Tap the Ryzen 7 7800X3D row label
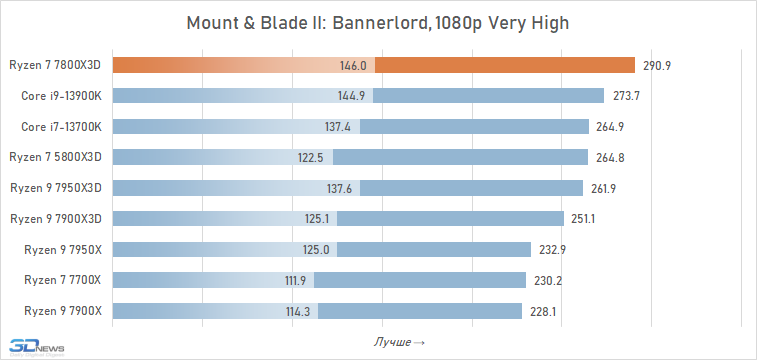[55, 65]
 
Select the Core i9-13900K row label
[61, 96]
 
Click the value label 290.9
[657, 66]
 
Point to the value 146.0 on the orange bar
[353, 66]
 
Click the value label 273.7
[626, 96]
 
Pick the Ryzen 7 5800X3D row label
[56, 157]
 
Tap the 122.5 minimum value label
[310, 157]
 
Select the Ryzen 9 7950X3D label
[56, 188]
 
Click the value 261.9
[603, 188]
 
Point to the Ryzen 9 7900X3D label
[56, 219]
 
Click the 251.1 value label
[583, 219]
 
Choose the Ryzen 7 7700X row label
[63, 280]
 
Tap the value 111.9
[295, 280]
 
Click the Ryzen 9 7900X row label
[63, 311]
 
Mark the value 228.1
[543, 311]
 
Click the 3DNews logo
[37, 347]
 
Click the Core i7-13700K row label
[61, 126]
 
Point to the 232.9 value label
[552, 250]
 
